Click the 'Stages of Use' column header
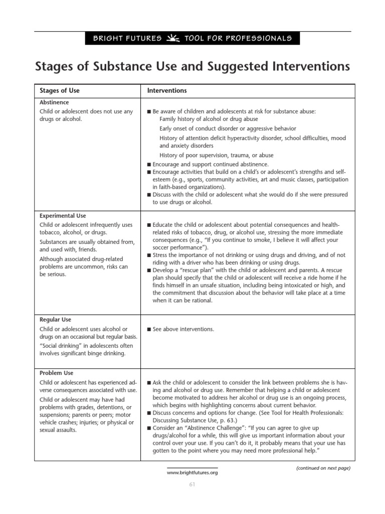pyautogui.click(x=60, y=91)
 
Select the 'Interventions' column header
pyautogui.click(x=167, y=91)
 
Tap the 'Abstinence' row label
pyautogui.click(x=54, y=102)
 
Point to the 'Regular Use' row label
pyautogui.click(x=55, y=319)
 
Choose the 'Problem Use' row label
pyautogui.click(x=56, y=373)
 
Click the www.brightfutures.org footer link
pyautogui.click(x=192, y=472)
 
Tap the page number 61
pyautogui.click(x=192, y=484)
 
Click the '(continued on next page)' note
pyautogui.click(x=323, y=468)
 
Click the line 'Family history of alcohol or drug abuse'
pyautogui.click(x=209, y=119)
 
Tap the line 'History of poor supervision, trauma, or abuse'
pyautogui.click(x=217, y=156)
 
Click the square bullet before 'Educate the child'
pyautogui.click(x=149, y=225)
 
